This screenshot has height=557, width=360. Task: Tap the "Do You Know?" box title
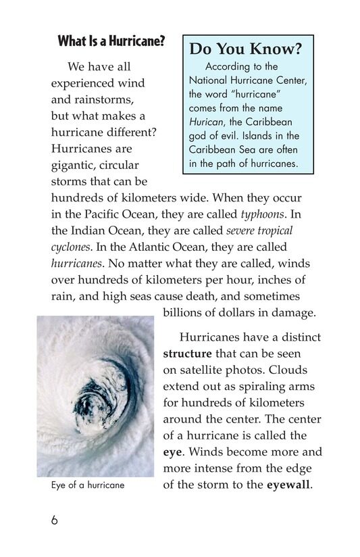tap(245, 49)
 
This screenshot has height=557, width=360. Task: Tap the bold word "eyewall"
tap(288, 484)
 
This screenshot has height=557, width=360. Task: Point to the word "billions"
tap(184, 312)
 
